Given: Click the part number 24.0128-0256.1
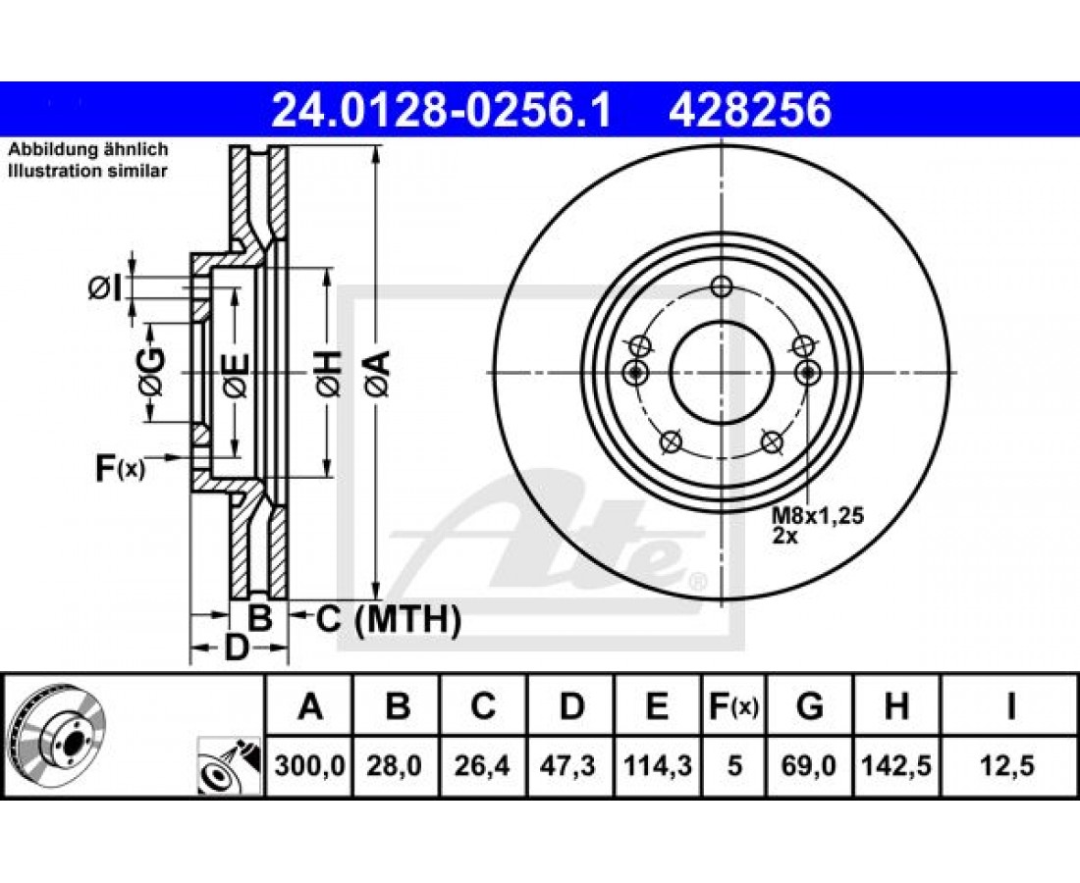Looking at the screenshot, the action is [442, 110].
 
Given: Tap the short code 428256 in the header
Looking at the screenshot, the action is [750, 110].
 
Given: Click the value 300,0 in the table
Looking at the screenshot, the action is [309, 765].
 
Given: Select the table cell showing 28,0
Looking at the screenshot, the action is [396, 765].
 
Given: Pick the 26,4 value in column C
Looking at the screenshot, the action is [483, 765].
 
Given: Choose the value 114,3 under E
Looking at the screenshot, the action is [657, 765].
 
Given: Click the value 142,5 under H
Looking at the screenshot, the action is [896, 765].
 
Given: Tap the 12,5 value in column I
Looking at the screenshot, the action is [1010, 765].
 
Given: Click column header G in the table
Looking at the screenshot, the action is [809, 706].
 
